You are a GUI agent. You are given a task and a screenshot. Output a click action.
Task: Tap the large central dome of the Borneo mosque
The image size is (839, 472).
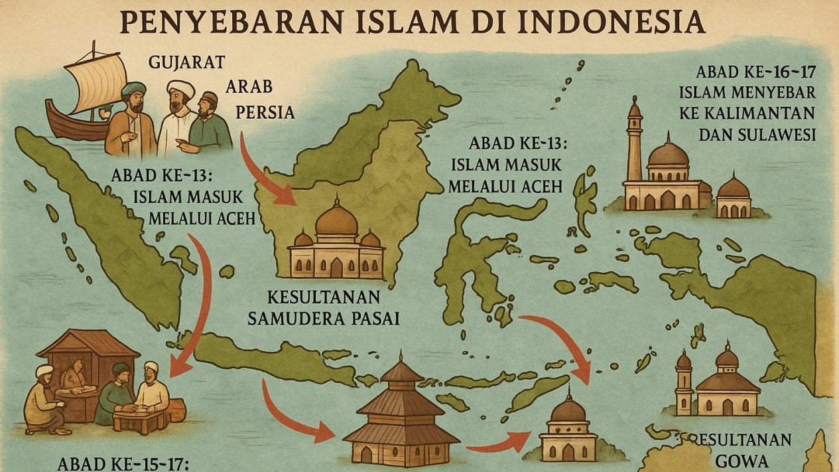click(336, 221)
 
